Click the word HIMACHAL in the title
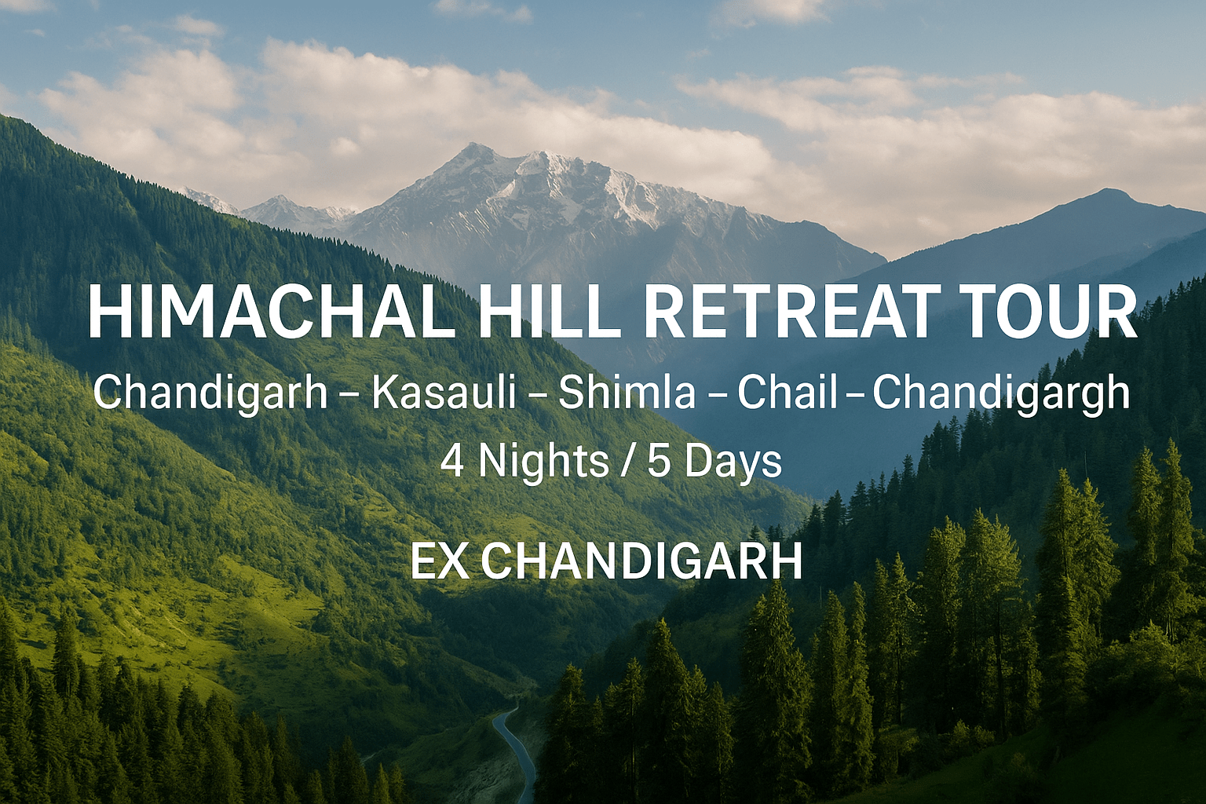pyautogui.click(x=272, y=313)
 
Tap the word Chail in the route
pyautogui.click(x=787, y=393)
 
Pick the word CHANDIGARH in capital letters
pyautogui.click(x=641, y=562)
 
